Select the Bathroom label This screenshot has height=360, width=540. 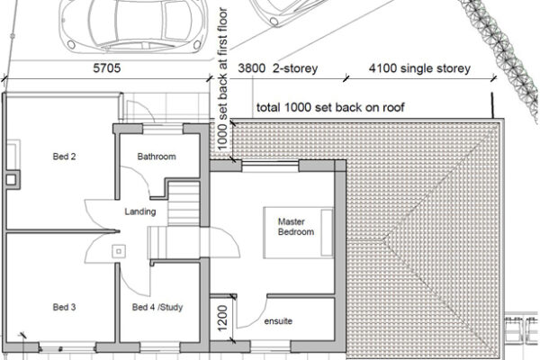[x=156, y=157]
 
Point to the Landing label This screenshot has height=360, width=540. [x=141, y=212]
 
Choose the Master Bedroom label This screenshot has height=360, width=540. [x=295, y=227]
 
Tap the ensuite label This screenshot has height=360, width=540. [x=279, y=321]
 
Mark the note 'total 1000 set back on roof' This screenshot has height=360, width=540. [x=329, y=108]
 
